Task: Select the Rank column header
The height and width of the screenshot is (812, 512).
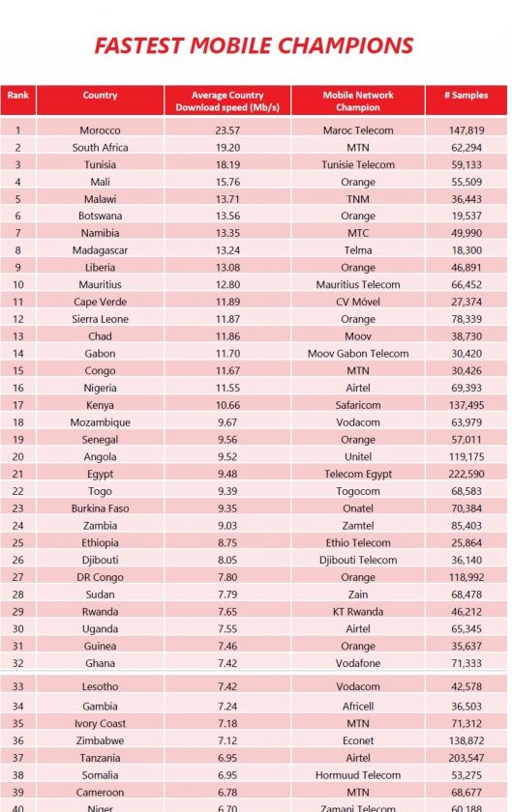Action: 18,96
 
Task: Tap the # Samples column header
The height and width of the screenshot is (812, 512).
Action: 466,96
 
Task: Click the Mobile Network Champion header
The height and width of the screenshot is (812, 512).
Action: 358,101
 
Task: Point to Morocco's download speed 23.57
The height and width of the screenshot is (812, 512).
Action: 227,130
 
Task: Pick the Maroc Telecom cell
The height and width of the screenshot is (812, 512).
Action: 358,130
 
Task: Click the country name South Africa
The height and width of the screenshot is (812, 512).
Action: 100,148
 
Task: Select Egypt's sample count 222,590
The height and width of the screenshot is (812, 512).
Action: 467,474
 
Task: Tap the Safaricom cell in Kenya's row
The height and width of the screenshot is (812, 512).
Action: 358,405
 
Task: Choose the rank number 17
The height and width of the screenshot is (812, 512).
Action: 18,405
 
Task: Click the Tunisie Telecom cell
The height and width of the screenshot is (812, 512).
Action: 358,164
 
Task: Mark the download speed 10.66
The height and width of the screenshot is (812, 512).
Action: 227,405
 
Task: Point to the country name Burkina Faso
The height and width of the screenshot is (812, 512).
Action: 100,508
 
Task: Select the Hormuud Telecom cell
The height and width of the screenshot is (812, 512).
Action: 358,775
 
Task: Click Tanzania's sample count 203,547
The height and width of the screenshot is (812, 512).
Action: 467,758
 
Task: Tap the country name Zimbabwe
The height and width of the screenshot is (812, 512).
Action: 100,740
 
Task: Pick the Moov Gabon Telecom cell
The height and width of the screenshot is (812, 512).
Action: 358,354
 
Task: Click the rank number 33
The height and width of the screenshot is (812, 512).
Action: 18,686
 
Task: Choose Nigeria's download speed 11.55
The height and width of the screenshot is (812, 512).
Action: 227,388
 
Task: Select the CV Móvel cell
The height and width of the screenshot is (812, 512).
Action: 358,302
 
